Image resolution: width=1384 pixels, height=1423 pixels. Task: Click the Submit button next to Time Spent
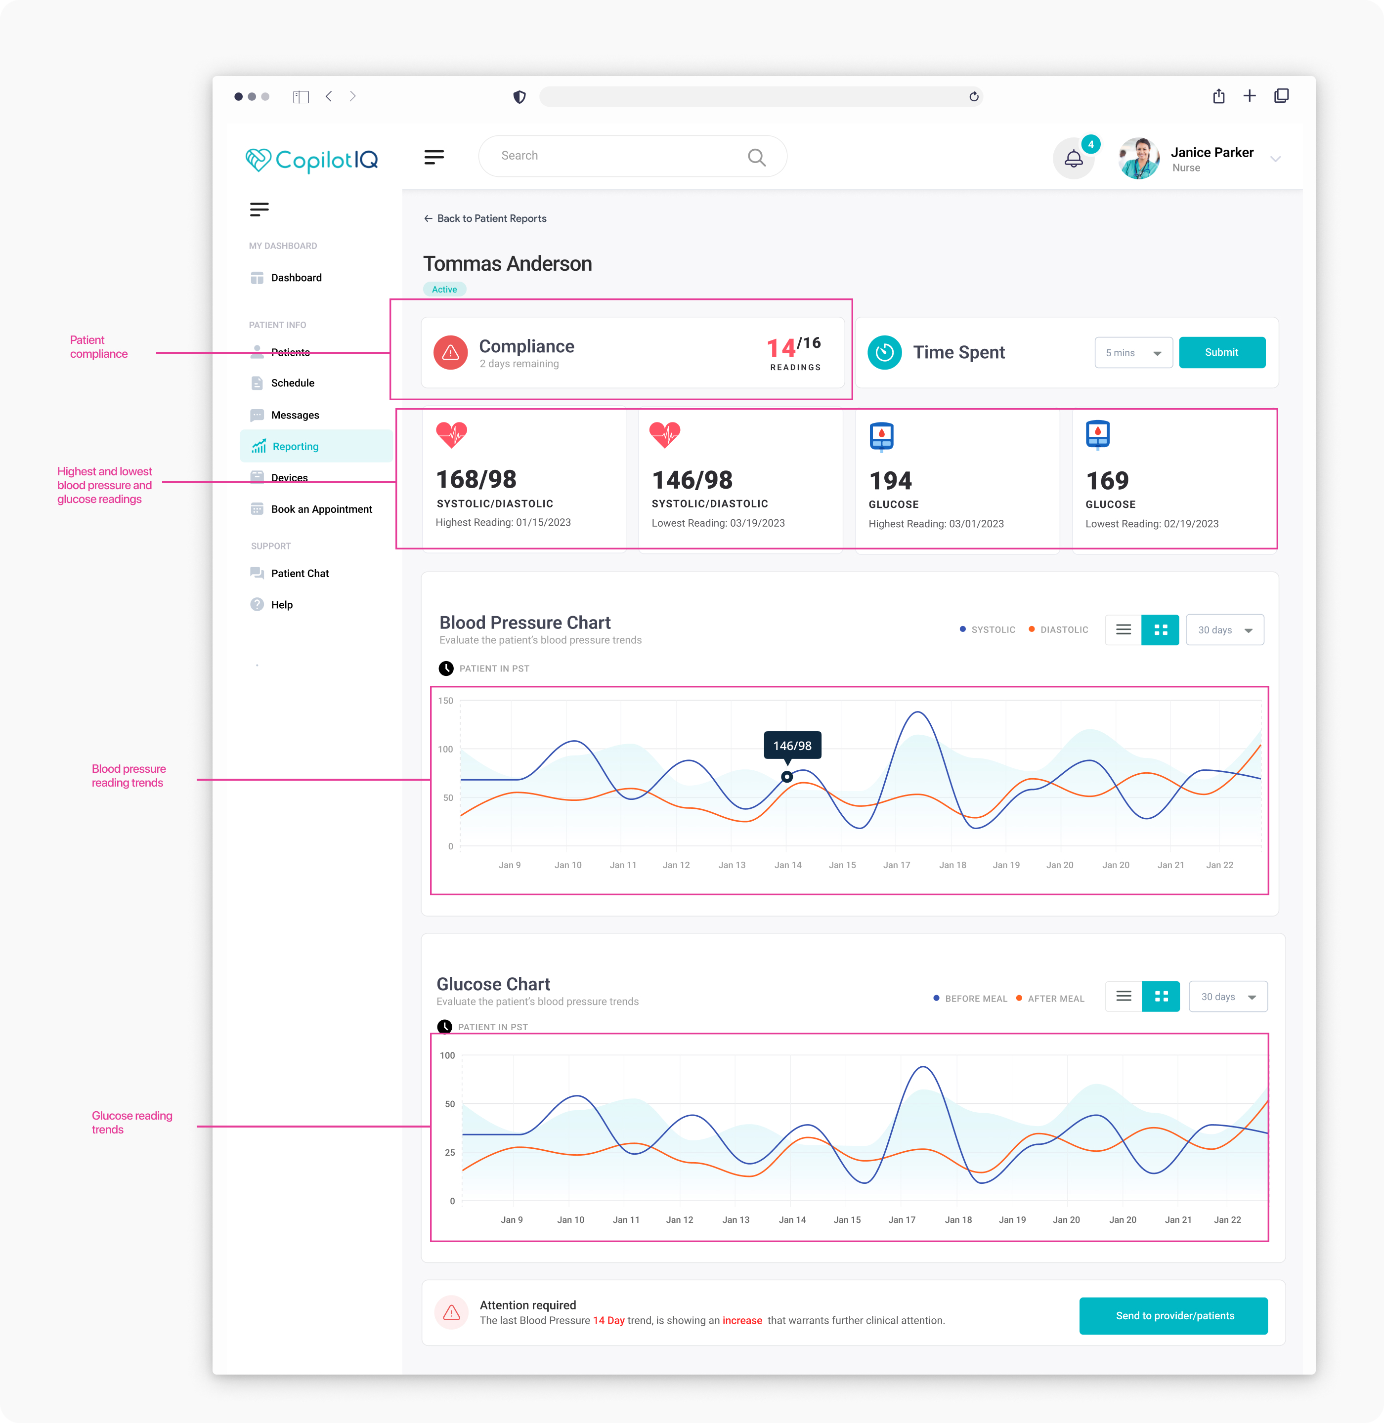pyautogui.click(x=1221, y=352)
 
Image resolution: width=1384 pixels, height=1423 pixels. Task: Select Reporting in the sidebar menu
pyautogui.click(x=295, y=446)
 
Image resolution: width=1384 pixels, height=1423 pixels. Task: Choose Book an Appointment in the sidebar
pyautogui.click(x=321, y=509)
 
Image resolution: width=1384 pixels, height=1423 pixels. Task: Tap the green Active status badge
pyautogui.click(x=444, y=289)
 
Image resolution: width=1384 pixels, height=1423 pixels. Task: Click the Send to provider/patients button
pyautogui.click(x=1173, y=1315)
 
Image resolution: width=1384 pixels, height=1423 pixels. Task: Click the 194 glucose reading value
pyautogui.click(x=890, y=480)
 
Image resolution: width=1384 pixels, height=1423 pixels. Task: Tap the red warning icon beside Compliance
pyautogui.click(x=451, y=352)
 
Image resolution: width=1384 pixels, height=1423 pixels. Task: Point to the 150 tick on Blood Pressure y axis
pyautogui.click(x=445, y=701)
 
